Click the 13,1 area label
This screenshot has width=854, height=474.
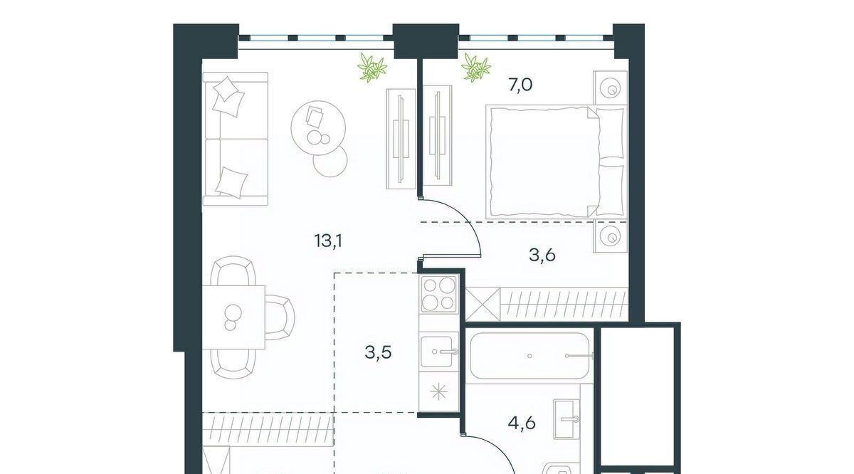coord(328,241)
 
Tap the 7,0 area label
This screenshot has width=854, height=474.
coord(520,85)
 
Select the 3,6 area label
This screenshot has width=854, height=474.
coord(542,255)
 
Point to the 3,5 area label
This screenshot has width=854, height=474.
coord(378,353)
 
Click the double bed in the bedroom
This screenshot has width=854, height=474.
coord(557,162)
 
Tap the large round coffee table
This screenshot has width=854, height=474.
coord(318,127)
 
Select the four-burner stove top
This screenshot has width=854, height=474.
coord(439,294)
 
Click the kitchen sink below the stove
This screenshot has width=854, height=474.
coord(439,352)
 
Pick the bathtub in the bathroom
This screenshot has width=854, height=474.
coord(531,356)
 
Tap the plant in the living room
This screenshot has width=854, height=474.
coord(371,68)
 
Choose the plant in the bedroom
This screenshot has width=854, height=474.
coord(476,68)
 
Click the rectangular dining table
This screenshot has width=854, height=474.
coord(233,317)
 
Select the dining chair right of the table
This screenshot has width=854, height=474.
coord(280,317)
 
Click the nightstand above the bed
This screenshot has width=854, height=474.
coord(611,88)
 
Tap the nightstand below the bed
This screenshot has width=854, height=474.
coord(611,236)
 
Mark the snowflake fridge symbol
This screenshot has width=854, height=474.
coord(438,392)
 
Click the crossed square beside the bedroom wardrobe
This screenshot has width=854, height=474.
coord(483,304)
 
